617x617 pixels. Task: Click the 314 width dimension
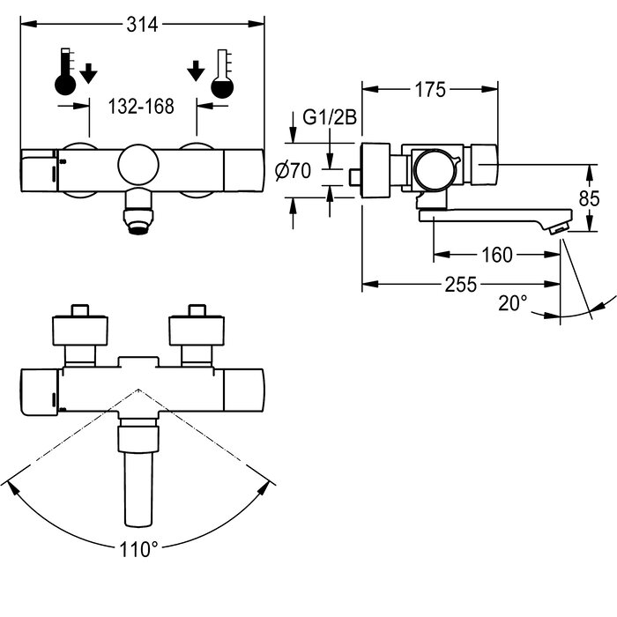142,25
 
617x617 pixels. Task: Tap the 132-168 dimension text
141,107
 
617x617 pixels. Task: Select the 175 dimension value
430,90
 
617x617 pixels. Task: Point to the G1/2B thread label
330,117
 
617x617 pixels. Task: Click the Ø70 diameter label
294,171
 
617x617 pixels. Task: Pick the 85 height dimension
589,198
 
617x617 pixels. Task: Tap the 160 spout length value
497,255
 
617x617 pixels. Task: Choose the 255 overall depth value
461,284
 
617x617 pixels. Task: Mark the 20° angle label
513,303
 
